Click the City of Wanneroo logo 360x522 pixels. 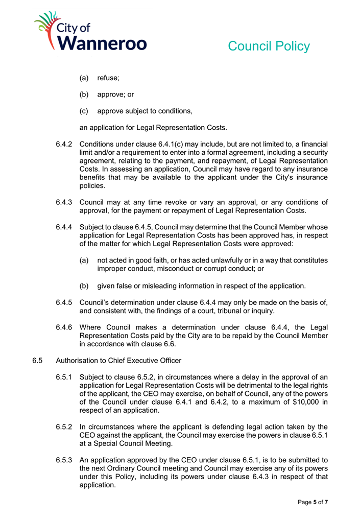click(x=90, y=31)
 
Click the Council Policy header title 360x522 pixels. click(x=269, y=46)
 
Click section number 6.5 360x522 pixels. click(x=37, y=361)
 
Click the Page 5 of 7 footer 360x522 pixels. click(x=313, y=503)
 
